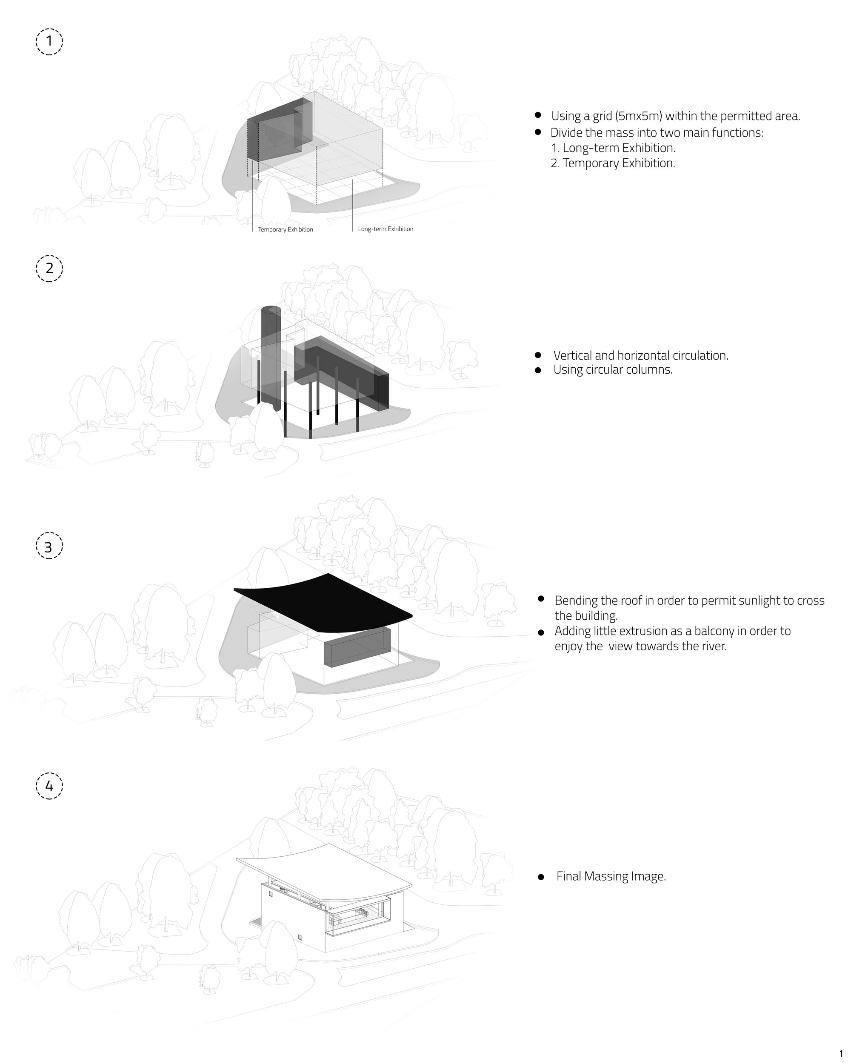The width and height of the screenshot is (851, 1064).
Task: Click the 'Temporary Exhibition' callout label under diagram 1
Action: tap(285, 229)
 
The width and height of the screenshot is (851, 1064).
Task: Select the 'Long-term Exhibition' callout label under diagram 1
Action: tap(386, 229)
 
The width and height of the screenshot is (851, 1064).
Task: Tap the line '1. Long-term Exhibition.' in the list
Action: tap(613, 148)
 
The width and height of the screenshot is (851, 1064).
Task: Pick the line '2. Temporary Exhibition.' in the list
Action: tap(613, 163)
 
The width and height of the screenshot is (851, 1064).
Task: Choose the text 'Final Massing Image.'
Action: tap(611, 876)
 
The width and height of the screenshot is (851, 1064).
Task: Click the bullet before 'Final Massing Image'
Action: tap(541, 877)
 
